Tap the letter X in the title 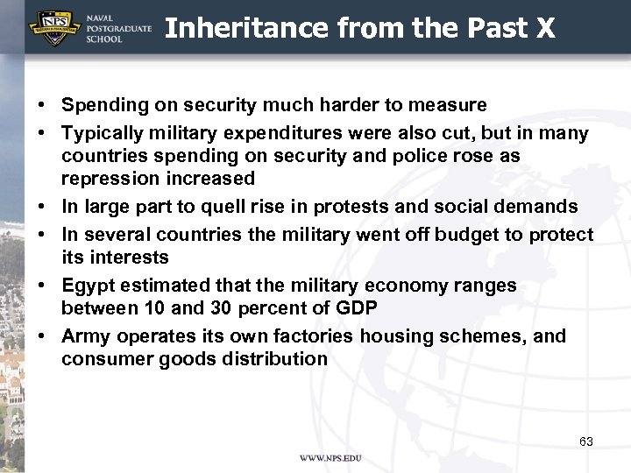[x=545, y=28]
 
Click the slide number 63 [x=586, y=441]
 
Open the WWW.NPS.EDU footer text [x=330, y=459]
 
